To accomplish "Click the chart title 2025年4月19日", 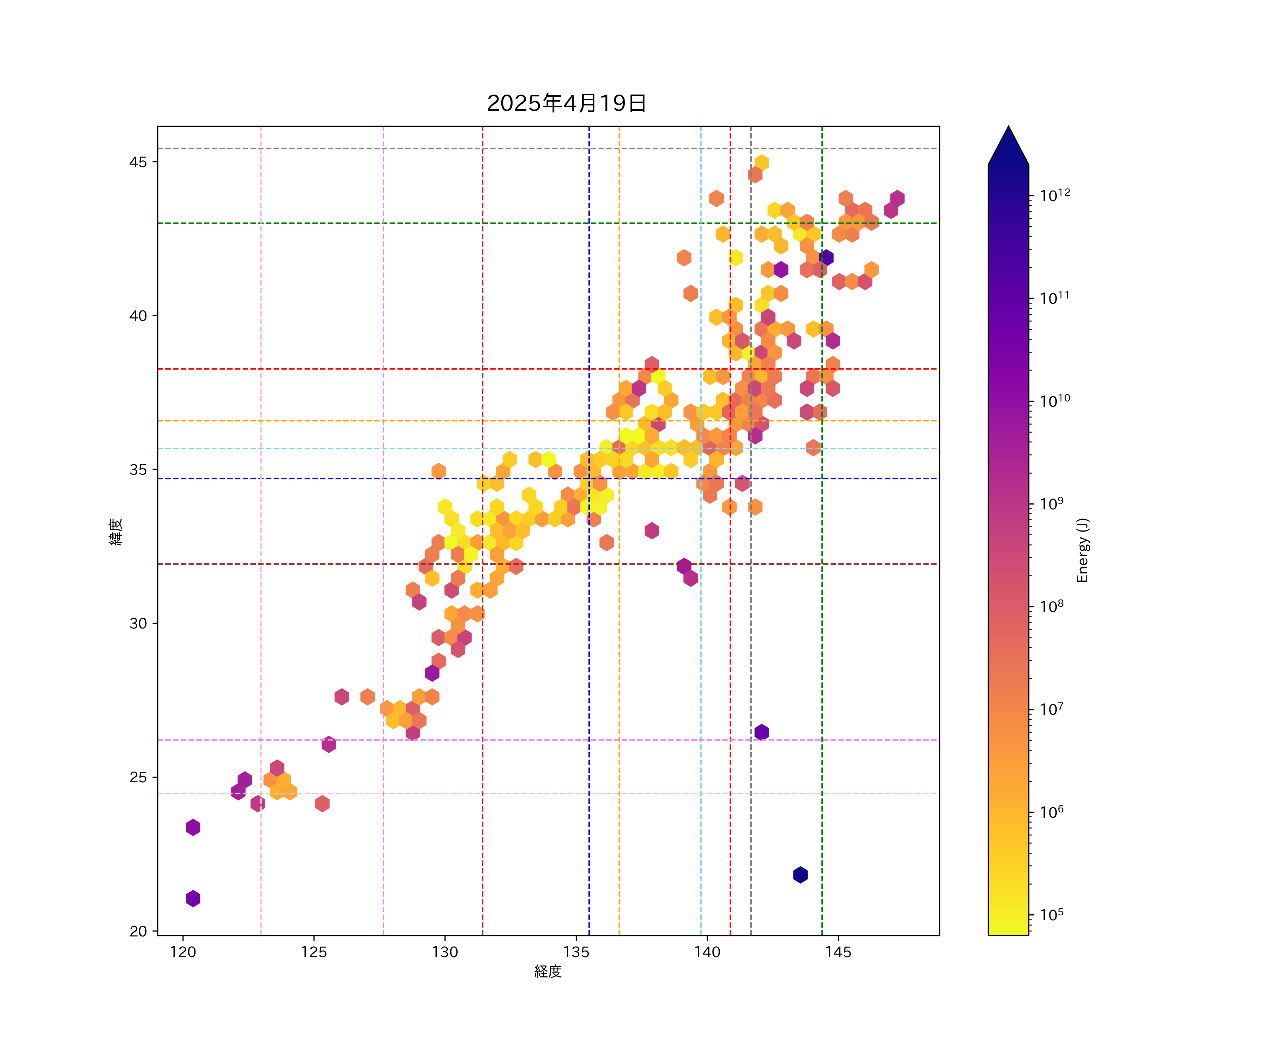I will click(566, 103).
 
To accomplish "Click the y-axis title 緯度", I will click(116, 531).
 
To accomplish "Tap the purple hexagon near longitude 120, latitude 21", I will click(193, 899).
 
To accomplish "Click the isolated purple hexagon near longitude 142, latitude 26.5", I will click(762, 732).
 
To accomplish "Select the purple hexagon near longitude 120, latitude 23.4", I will click(193, 827).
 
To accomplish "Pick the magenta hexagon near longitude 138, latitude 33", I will click(652, 530).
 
